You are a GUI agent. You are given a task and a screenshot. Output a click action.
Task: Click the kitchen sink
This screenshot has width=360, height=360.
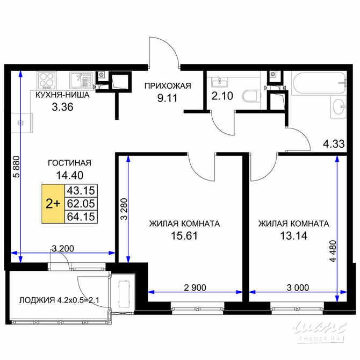[x=81, y=81]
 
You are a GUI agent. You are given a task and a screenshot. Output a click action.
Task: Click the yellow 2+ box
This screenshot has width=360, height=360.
[x=53, y=204]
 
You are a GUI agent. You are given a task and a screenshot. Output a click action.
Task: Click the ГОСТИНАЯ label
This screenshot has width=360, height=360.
[x=70, y=163]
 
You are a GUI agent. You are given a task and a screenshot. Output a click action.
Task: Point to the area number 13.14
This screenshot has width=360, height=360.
[x=293, y=235]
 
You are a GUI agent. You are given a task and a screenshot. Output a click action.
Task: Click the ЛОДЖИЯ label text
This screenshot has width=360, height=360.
[x=38, y=300]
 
